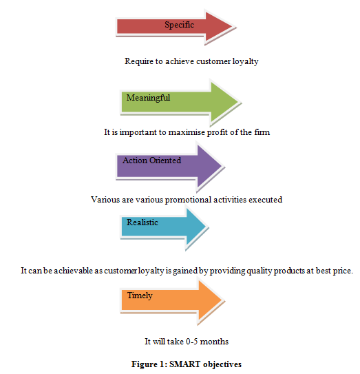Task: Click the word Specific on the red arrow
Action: (x=179, y=25)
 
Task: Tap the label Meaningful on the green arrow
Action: (x=148, y=98)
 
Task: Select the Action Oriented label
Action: (x=151, y=160)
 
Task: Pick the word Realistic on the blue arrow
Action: (x=142, y=222)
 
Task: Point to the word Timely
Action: (x=140, y=295)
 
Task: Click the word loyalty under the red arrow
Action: (x=245, y=61)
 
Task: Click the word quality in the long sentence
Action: (x=259, y=271)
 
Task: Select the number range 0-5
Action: (x=192, y=342)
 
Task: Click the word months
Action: (x=214, y=342)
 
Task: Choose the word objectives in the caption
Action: (x=222, y=364)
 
